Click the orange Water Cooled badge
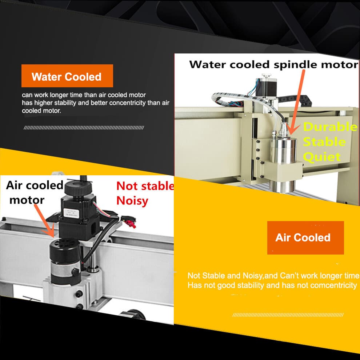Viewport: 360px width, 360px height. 67,76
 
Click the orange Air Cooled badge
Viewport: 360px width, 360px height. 305,237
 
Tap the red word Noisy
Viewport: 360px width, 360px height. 132,201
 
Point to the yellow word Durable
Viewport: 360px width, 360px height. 330,127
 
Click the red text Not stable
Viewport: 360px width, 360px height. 145,186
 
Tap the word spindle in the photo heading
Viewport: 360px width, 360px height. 295,65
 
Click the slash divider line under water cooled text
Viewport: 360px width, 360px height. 84,128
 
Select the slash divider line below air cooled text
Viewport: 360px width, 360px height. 288,315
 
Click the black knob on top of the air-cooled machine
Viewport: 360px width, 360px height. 74,188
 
